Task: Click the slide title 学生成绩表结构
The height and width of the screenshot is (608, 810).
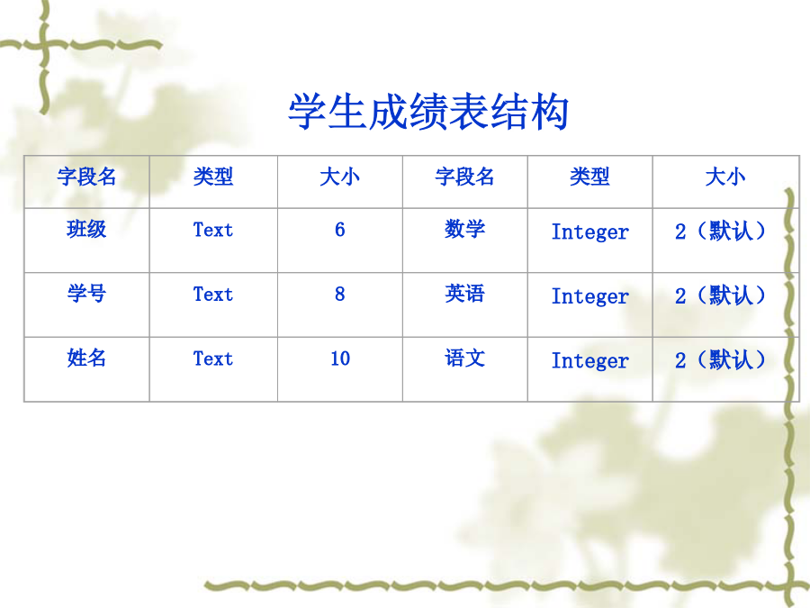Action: (428, 111)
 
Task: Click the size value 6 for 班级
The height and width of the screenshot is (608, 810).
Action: (339, 230)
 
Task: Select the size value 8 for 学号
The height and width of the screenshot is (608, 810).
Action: (339, 295)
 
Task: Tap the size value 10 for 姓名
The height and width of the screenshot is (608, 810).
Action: (340, 358)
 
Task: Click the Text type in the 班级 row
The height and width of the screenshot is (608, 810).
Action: (212, 230)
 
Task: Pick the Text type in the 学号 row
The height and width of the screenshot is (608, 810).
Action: (212, 295)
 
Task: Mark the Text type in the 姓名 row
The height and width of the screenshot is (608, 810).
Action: (212, 358)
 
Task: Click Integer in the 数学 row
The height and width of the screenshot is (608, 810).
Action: (589, 232)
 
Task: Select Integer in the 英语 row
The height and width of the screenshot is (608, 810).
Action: (589, 296)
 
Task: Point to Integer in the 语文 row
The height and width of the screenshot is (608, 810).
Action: (589, 361)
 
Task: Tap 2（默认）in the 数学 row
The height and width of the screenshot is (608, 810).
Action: (720, 231)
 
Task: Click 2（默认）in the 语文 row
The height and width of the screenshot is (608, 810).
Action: (720, 359)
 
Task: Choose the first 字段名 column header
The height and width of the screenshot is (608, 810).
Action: (86, 177)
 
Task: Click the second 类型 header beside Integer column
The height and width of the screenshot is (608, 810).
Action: (589, 177)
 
